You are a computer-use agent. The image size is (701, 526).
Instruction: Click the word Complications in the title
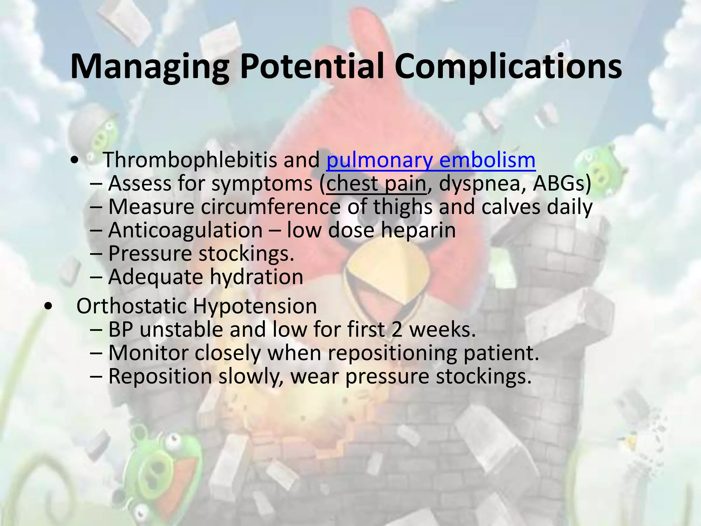coord(508,67)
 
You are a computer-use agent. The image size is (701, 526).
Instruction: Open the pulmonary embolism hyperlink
coord(431,160)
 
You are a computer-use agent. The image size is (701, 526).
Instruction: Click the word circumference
coord(270,207)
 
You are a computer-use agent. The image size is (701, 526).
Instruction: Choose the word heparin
coord(418,230)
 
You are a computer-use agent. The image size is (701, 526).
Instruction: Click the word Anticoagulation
coord(185,230)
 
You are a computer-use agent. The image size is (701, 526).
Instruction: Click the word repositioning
coord(392,353)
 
